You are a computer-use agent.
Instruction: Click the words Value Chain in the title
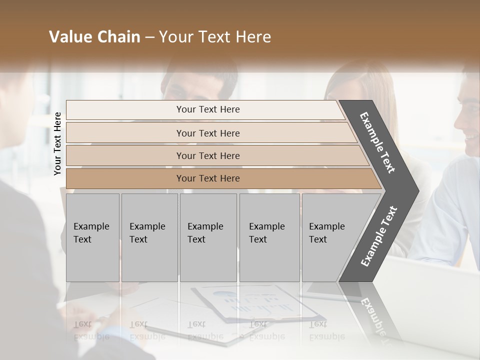(x=94, y=37)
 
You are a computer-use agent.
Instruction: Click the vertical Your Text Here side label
(x=57, y=143)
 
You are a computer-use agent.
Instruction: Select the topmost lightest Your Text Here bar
(x=207, y=109)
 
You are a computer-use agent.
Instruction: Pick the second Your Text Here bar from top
(x=207, y=133)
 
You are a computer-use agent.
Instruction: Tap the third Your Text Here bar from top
(x=207, y=155)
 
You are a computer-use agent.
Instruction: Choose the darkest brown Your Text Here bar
(x=207, y=178)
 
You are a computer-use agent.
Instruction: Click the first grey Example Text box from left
(x=92, y=237)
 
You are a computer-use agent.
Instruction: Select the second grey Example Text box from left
(x=149, y=237)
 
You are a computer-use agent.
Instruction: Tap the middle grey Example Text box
(x=208, y=237)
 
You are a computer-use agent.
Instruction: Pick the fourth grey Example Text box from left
(x=269, y=237)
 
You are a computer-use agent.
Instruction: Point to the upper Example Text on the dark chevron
(x=377, y=142)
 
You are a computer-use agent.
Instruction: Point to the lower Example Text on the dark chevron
(x=379, y=236)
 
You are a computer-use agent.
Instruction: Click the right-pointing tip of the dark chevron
(x=416, y=190)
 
